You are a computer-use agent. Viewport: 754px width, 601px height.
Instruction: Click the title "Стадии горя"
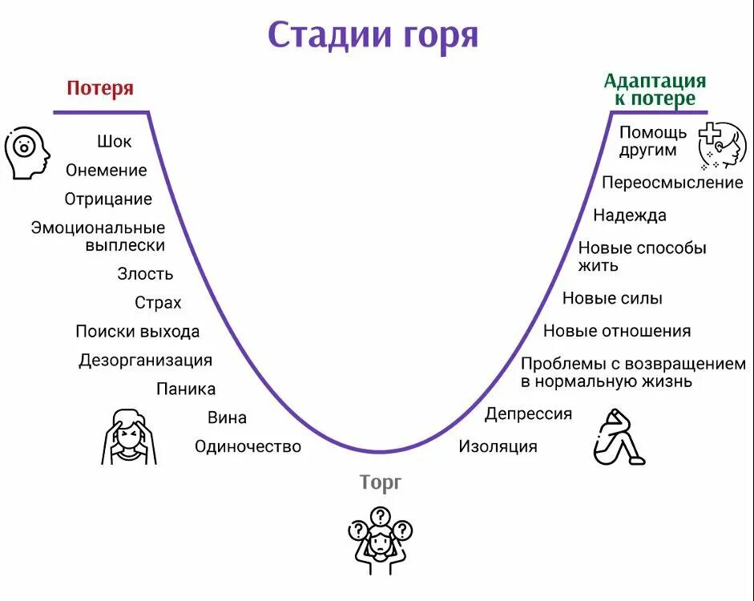click(373, 35)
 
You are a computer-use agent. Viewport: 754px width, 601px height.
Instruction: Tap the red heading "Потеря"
click(100, 88)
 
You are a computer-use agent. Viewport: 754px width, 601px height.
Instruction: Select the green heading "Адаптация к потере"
click(655, 90)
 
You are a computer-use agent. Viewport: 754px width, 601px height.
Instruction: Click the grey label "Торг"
click(380, 482)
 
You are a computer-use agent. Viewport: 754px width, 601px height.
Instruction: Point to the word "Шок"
click(115, 142)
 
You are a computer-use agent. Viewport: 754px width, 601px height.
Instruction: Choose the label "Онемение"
click(107, 170)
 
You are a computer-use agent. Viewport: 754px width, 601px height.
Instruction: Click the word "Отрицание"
click(108, 199)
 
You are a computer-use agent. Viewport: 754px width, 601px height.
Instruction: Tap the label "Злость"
click(145, 273)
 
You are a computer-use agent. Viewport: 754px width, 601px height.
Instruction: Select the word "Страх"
click(158, 303)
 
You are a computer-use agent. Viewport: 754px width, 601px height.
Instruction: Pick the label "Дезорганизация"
click(145, 361)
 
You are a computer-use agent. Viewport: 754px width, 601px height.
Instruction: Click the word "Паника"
click(186, 389)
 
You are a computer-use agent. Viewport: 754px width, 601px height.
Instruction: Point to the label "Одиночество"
click(248, 446)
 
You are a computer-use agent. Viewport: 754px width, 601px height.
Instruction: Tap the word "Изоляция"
click(498, 446)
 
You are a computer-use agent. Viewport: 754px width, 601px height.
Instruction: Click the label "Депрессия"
click(528, 413)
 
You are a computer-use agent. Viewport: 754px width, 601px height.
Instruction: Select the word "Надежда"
click(629, 215)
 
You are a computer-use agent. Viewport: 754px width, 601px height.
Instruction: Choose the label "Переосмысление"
click(672, 183)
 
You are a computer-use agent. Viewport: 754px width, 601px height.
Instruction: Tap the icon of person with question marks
click(380, 538)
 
